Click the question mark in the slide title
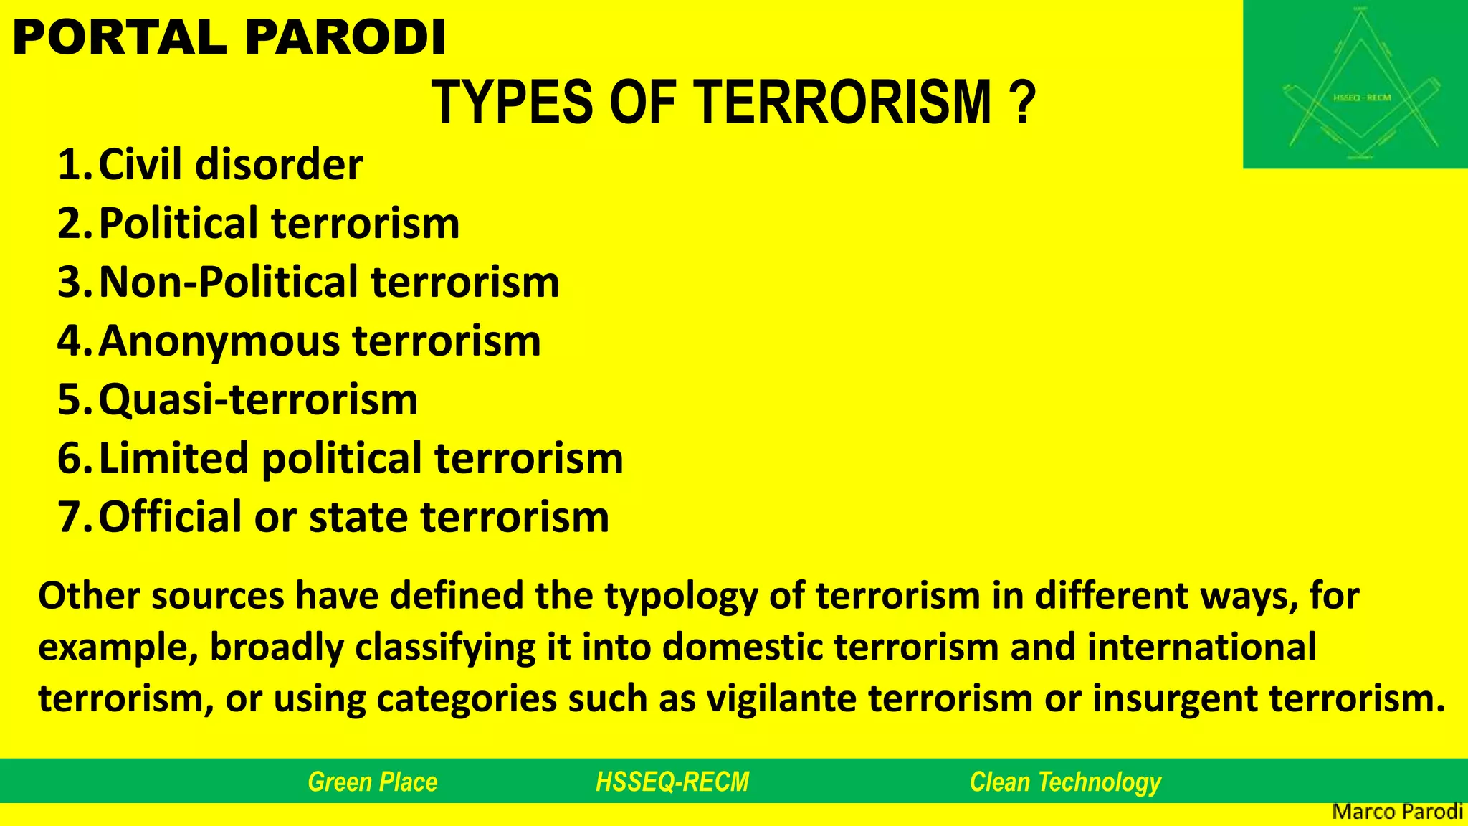click(x=1025, y=103)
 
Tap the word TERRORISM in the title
click(x=843, y=103)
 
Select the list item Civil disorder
click(x=229, y=165)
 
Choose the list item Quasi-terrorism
click(x=258, y=399)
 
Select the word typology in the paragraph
click(x=680, y=597)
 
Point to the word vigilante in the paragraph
click(x=782, y=698)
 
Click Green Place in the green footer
click(x=372, y=782)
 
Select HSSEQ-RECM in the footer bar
click(x=672, y=782)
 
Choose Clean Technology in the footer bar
click(x=1065, y=782)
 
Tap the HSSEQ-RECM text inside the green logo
click(x=1361, y=98)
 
